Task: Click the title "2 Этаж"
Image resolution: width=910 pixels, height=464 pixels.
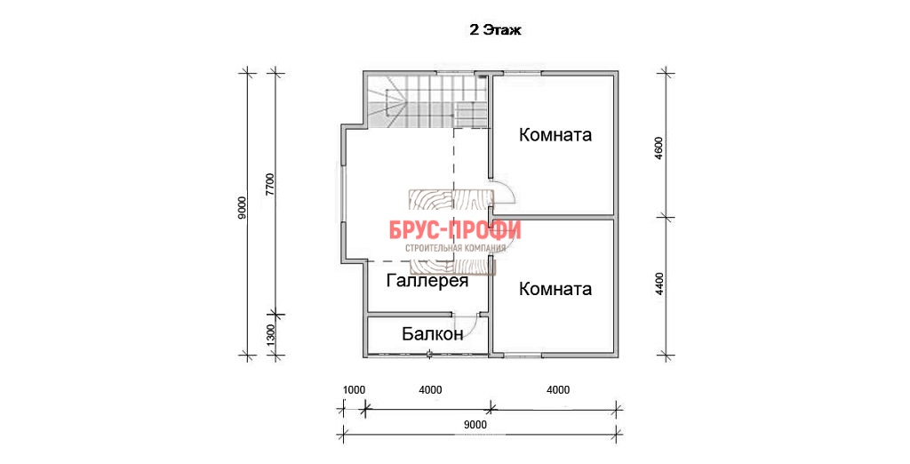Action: (495, 31)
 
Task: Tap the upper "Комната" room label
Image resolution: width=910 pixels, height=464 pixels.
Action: (555, 135)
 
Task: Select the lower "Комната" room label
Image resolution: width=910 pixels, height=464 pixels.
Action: (555, 289)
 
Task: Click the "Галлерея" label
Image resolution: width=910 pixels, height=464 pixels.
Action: (427, 281)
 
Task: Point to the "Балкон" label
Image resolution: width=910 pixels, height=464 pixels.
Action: (433, 334)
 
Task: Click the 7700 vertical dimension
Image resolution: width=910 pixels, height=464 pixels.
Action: (270, 187)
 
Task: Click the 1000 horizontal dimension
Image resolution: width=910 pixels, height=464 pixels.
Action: (354, 390)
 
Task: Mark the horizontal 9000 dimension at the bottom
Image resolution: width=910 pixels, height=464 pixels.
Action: (475, 424)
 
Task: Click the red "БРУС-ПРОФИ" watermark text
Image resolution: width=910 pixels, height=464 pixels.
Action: (455, 230)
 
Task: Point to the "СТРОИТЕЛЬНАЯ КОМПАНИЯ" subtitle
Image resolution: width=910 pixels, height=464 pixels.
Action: (455, 248)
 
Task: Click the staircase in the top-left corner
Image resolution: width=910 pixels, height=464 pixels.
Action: (426, 101)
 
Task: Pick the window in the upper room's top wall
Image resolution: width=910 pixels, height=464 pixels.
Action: (523, 73)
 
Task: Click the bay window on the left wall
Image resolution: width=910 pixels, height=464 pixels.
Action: (342, 195)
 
